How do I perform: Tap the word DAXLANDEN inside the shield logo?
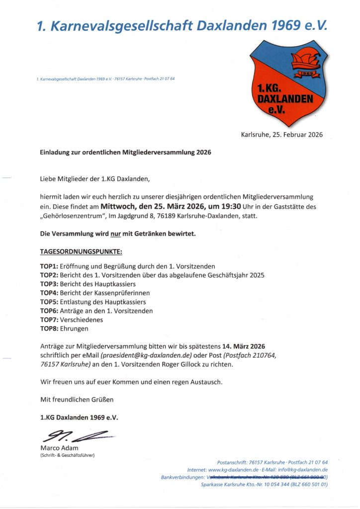[x=285, y=99]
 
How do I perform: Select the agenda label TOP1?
[x=49, y=266]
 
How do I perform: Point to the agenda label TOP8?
[x=49, y=329]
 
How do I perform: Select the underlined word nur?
[x=116, y=234]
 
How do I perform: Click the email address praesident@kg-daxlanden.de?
[x=146, y=355]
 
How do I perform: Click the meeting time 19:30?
[x=230, y=206]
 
